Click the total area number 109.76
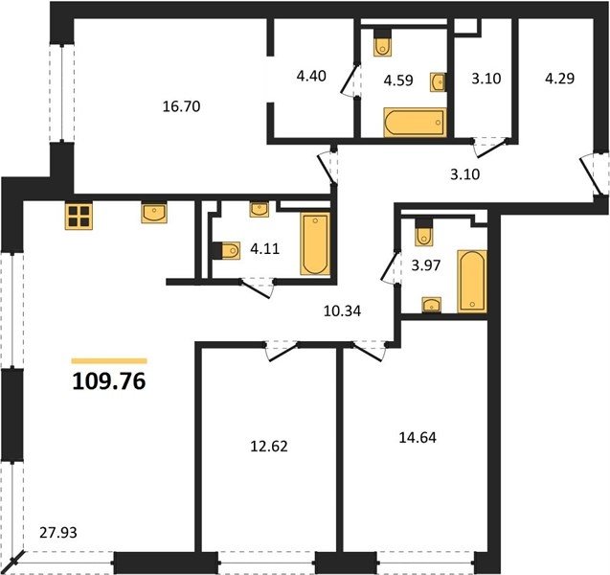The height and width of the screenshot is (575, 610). tap(109, 381)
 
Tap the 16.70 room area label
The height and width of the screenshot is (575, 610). tap(181, 106)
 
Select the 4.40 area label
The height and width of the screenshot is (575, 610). tap(311, 76)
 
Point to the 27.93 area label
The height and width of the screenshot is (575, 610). tap(58, 532)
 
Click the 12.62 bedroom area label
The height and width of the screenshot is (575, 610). tap(269, 447)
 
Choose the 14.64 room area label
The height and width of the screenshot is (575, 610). tap(418, 438)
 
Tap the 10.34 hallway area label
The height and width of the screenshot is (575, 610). tap(343, 310)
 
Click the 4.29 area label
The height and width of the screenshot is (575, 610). tap(559, 79)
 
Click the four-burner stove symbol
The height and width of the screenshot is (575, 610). tap(79, 217)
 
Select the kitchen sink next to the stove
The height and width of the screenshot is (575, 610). tap(154, 213)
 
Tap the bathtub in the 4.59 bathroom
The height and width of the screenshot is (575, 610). tap(415, 123)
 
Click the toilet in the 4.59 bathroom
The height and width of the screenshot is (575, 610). tap(383, 43)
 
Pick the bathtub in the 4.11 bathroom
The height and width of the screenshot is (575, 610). tap(315, 244)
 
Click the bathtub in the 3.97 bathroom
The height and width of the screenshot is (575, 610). tap(472, 281)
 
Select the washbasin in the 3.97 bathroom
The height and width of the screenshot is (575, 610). tap(432, 305)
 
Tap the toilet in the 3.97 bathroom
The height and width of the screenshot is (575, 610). tap(423, 233)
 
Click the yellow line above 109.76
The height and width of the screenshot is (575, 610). tap(109, 361)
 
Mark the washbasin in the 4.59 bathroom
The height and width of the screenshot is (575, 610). tap(438, 82)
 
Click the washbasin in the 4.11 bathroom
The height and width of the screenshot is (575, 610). tap(260, 210)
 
